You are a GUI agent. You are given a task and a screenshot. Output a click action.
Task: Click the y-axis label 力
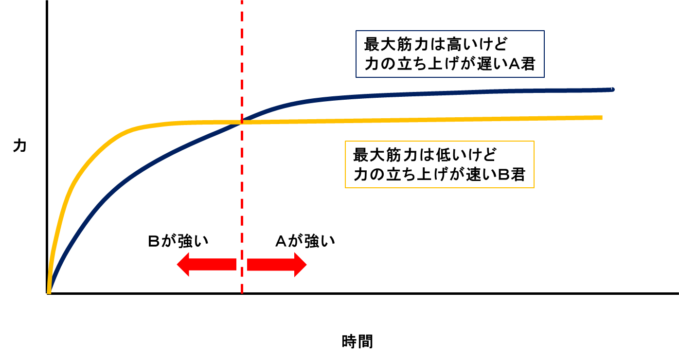point(19,146)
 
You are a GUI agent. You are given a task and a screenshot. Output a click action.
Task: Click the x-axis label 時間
point(357,342)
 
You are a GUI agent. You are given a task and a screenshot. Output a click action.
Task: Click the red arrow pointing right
point(277,265)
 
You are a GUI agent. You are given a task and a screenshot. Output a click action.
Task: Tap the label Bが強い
point(178,241)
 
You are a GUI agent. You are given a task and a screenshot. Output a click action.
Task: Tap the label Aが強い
point(305,241)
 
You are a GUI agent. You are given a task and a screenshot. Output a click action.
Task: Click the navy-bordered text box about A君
point(450,54)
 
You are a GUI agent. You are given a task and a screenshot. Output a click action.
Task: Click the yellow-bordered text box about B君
point(439,164)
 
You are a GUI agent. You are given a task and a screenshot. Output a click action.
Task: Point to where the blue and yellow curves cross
point(241,122)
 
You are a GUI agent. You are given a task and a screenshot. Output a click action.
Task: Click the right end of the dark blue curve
point(612,90)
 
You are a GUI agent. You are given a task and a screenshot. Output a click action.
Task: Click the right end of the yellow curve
point(601,118)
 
